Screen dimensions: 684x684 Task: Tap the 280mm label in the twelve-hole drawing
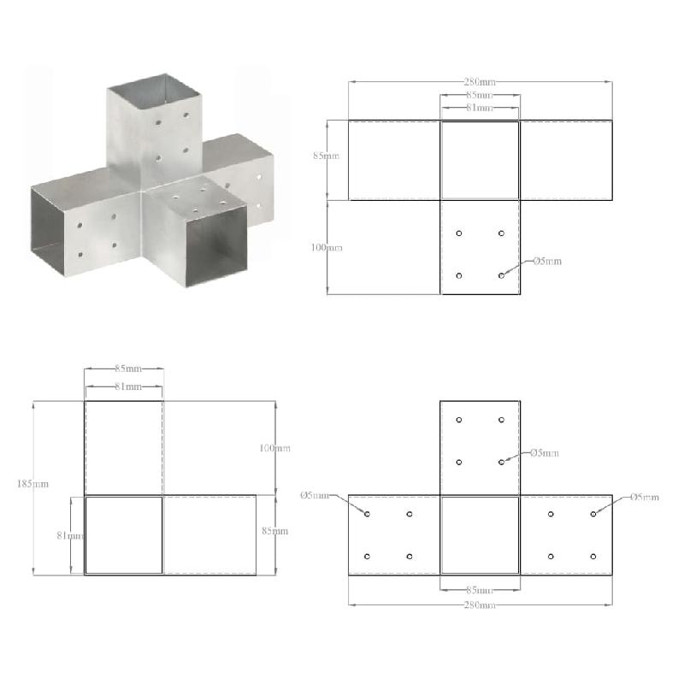pos(479,604)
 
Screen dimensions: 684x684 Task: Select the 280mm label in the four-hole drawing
pos(479,82)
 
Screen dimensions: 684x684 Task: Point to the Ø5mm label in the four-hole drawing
pos(547,261)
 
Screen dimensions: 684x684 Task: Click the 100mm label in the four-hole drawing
pos(326,247)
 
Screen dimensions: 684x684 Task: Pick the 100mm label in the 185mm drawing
pos(275,448)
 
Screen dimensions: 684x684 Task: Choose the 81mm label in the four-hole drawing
pos(479,109)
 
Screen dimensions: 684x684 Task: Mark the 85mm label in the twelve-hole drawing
pos(479,590)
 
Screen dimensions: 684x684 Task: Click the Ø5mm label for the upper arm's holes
pos(545,452)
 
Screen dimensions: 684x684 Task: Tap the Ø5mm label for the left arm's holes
pos(315,496)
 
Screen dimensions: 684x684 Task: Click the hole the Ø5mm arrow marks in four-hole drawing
pos(501,275)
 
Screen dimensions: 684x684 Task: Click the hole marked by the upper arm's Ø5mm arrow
pos(501,462)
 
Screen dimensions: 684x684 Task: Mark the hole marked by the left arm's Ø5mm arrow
pos(368,514)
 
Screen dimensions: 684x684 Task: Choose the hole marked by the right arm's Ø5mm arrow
pos(593,514)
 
